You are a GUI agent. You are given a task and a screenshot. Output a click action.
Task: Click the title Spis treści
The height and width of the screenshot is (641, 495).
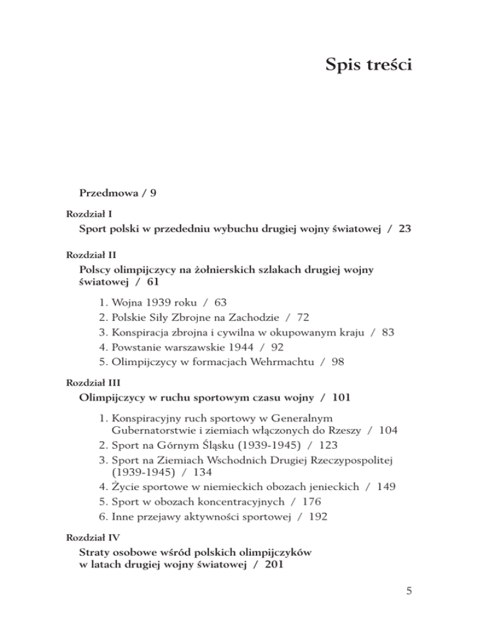[x=369, y=64]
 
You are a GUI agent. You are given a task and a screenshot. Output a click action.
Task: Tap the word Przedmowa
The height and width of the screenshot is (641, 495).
[x=108, y=193]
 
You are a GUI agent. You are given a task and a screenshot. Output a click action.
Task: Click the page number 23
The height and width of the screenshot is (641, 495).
[x=404, y=228]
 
